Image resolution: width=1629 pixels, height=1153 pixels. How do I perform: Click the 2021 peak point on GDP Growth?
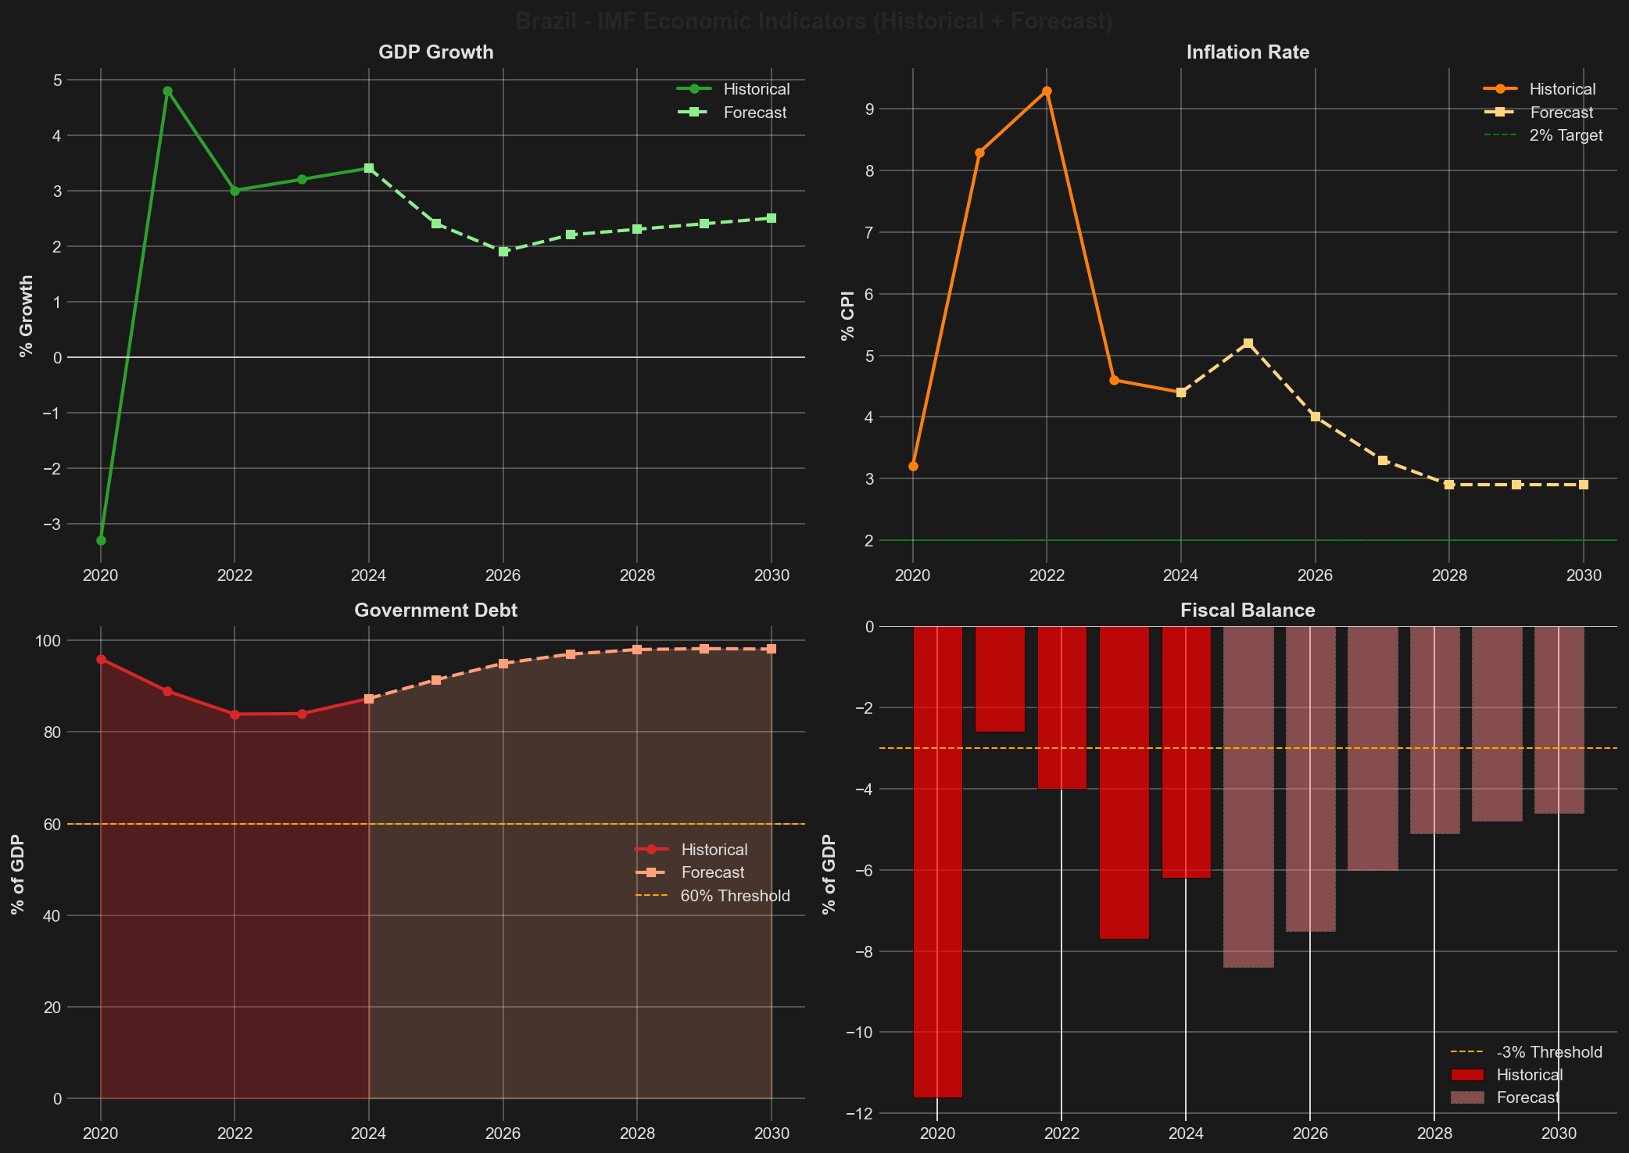(x=167, y=91)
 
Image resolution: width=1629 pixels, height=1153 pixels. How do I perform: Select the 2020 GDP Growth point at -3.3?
(x=101, y=540)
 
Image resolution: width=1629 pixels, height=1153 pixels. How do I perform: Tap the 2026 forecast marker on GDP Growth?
(x=503, y=252)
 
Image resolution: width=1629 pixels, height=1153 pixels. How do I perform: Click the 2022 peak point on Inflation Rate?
(x=1047, y=91)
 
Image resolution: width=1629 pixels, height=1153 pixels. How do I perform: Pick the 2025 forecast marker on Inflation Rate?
(x=1248, y=343)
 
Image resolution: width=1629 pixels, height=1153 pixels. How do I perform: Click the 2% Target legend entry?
(x=1566, y=135)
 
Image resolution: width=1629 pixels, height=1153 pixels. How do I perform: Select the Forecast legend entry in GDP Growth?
(x=754, y=113)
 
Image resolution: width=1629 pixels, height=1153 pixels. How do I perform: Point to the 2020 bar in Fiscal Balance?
(x=937, y=860)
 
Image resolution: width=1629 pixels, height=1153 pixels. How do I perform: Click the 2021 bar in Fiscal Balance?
(x=999, y=679)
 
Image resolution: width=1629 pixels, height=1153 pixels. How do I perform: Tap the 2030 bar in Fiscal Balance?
(x=1559, y=719)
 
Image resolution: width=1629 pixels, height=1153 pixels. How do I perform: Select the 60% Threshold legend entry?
(x=735, y=896)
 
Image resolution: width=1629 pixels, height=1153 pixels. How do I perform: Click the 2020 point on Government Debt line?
(x=101, y=659)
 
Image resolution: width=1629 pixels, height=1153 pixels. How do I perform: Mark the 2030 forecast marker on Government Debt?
(x=772, y=649)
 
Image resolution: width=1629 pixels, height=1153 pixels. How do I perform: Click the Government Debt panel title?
(x=435, y=611)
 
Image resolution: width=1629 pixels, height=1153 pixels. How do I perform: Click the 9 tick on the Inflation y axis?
(x=888, y=109)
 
